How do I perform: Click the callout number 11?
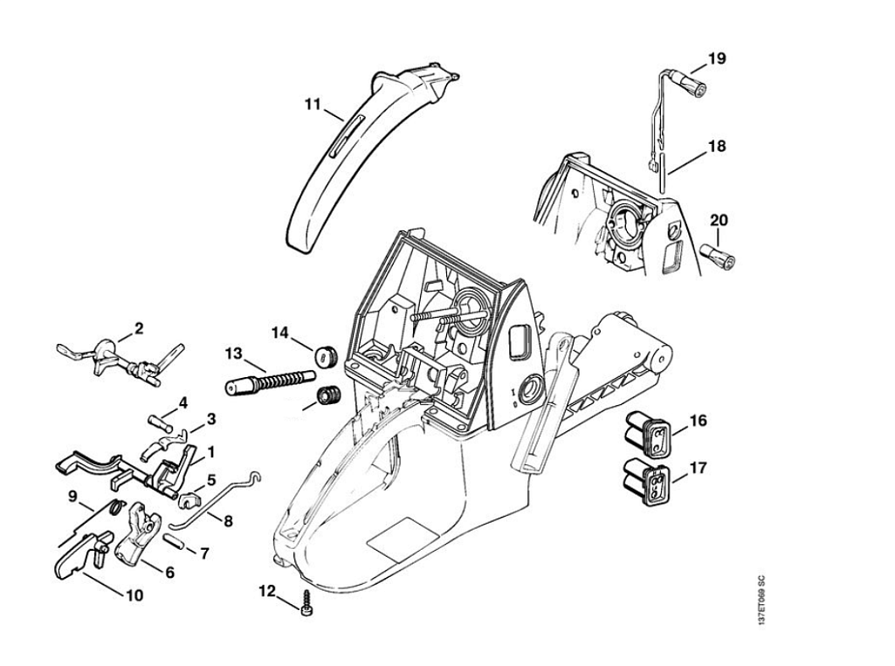[313, 105]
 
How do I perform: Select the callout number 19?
[716, 58]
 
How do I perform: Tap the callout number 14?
[279, 332]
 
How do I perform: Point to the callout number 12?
[266, 591]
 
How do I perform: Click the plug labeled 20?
[718, 256]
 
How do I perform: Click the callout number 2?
[138, 329]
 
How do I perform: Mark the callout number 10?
[134, 596]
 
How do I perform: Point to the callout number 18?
[716, 146]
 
